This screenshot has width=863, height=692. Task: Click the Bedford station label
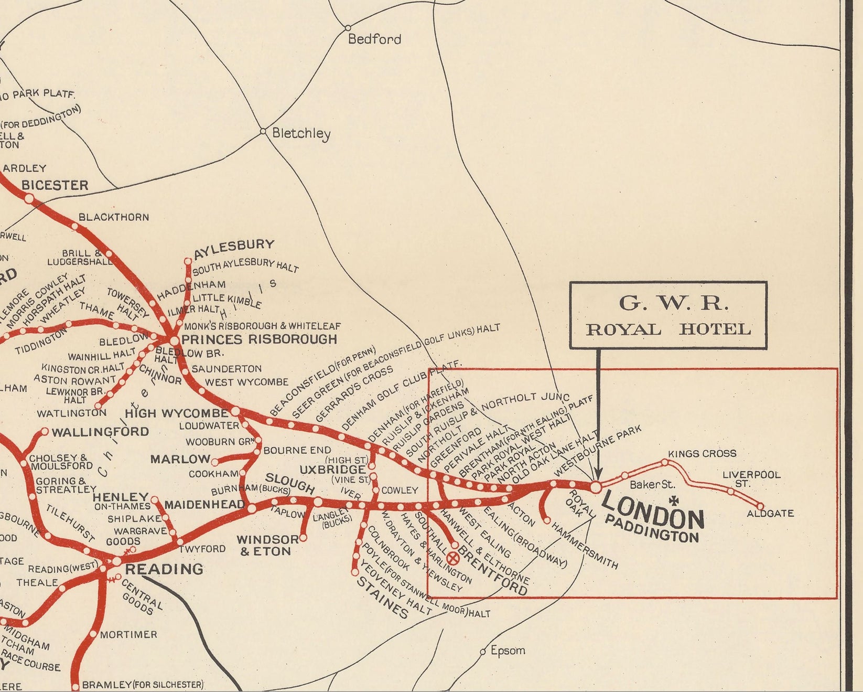tap(374, 39)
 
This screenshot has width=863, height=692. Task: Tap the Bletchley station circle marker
tap(264, 131)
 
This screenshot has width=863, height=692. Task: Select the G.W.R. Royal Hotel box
tap(668, 315)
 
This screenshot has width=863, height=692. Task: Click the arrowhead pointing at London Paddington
tap(597, 473)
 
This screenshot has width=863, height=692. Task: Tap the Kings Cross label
tap(702, 453)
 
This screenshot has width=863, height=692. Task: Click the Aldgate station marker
tap(761, 506)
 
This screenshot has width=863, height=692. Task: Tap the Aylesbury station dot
tap(188, 261)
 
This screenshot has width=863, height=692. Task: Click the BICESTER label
tap(55, 185)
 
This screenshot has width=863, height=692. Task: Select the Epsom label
tap(508, 651)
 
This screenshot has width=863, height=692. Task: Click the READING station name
tap(164, 569)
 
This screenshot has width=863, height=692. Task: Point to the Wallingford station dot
tap(45, 432)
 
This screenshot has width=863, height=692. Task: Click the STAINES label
tap(382, 598)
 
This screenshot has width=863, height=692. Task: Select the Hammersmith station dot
tap(547, 521)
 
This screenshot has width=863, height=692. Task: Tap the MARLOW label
tap(180, 460)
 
